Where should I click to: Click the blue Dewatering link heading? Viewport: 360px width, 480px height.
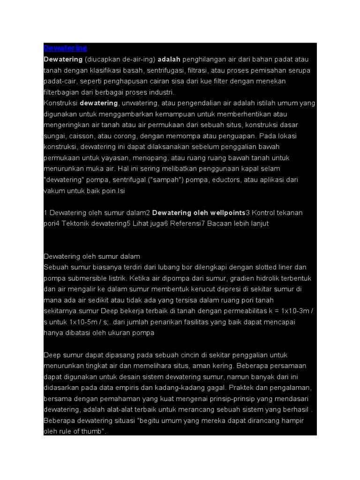65,48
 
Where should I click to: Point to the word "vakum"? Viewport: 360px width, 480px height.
53,191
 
